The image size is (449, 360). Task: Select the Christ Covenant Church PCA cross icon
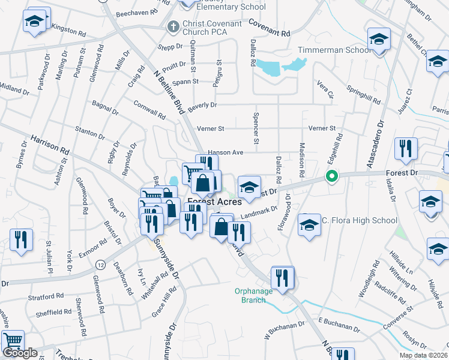point(173,26)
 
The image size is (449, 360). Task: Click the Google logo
point(20,353)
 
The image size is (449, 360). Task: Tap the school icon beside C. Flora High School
point(309,225)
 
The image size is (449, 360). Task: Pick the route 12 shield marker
point(100,265)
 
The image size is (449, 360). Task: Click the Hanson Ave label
point(226,152)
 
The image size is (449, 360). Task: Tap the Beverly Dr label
point(202,106)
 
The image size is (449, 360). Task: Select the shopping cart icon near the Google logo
point(13,341)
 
